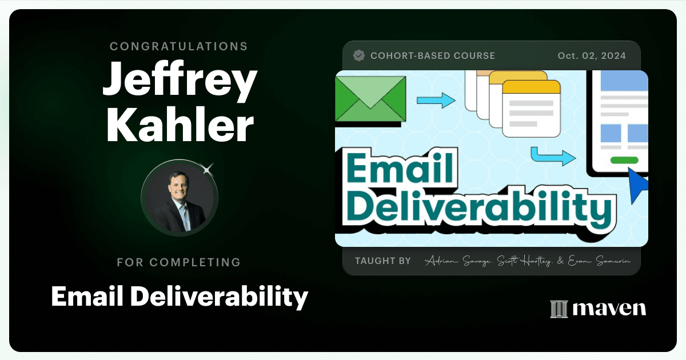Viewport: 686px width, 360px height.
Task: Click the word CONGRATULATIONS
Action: point(178,46)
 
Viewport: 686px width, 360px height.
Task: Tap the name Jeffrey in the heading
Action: point(180,80)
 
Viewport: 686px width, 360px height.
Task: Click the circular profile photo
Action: point(180,198)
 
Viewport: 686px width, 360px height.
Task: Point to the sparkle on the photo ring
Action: point(208,169)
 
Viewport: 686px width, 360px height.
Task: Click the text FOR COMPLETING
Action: point(179,262)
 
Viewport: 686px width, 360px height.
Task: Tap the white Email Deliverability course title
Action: point(180,297)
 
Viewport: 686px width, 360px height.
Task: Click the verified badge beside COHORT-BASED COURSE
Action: point(358,56)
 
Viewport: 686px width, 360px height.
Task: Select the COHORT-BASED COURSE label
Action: point(433,56)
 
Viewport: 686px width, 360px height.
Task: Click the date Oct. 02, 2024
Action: point(592,56)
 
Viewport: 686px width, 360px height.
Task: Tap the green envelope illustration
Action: point(370,99)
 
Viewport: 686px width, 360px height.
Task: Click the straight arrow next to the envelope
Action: point(436,100)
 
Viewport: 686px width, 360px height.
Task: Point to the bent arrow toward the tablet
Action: point(553,156)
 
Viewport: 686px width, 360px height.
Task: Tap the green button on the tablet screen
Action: point(624,160)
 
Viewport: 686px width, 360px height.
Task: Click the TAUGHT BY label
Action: point(383,261)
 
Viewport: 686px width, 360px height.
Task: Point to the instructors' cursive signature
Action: point(527,261)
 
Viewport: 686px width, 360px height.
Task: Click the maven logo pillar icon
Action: point(559,309)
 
